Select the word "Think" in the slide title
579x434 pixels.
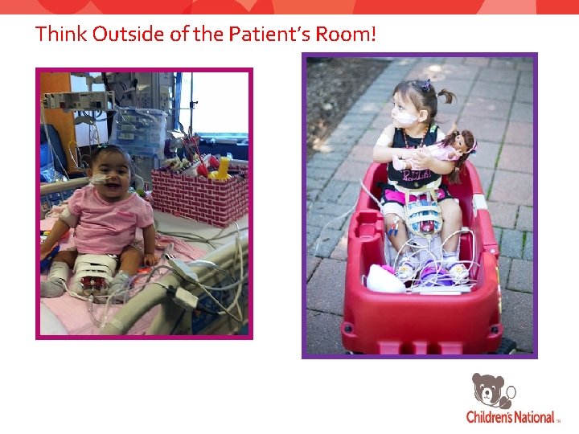(61, 35)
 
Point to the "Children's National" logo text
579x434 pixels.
(511, 417)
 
